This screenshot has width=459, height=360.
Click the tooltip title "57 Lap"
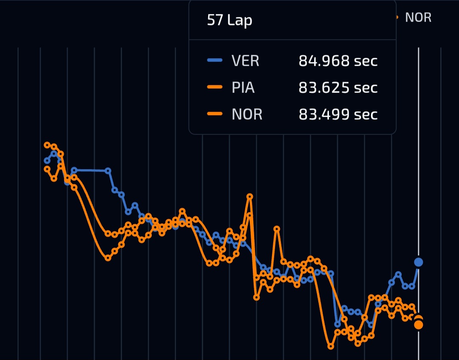tap(229, 20)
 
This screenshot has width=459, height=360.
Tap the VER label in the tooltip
tap(245, 61)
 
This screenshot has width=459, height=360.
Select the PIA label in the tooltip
tap(243, 88)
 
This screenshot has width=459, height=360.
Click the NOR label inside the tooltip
tap(247, 114)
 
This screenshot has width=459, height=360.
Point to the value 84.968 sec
tap(338, 61)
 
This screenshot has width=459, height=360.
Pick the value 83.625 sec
tap(338, 88)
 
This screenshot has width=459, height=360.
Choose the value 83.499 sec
tap(338, 114)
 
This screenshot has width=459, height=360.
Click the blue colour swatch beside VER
tap(215, 61)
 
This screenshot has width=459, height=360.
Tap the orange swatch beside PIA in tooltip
tap(215, 88)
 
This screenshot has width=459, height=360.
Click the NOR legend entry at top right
tap(418, 17)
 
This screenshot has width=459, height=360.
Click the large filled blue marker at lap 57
tap(419, 262)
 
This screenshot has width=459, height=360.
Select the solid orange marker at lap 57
tap(419, 325)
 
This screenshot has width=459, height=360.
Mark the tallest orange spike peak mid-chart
tap(250, 196)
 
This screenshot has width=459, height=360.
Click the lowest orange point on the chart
tap(331, 346)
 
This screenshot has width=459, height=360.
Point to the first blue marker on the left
tap(47, 161)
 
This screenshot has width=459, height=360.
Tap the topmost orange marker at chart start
tap(47, 145)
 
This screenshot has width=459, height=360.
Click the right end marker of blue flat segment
tap(108, 170)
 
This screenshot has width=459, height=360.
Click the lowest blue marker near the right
tap(337, 324)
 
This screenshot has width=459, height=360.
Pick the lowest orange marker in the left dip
tap(108, 258)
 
